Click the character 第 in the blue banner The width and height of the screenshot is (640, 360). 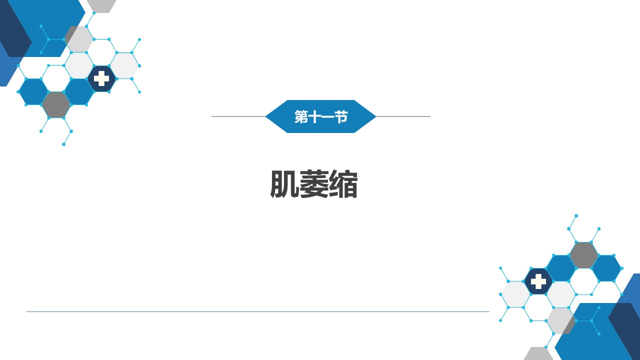tap(301, 117)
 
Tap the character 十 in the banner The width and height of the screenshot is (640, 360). tap(314, 117)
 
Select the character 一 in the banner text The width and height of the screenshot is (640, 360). tap(327, 117)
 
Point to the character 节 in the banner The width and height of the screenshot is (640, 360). tap(341, 117)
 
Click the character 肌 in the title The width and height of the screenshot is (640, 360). tap(285, 184)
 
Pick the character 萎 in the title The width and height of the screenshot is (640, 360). tap(314, 184)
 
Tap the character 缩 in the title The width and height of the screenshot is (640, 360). tap(343, 184)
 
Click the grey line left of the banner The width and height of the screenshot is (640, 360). tap(238, 116)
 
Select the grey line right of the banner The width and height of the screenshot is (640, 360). tap(403, 116)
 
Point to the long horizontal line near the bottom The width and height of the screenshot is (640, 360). tap(257, 311)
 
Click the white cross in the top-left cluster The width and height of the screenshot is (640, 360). tap(101, 78)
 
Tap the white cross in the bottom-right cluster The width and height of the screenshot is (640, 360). tap(538, 281)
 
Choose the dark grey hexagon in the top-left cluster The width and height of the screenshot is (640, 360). tap(56, 105)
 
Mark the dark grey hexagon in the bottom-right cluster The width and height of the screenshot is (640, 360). tap(583, 255)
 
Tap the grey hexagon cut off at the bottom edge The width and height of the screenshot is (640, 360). tap(538, 353)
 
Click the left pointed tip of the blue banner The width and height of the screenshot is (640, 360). tap(265, 116)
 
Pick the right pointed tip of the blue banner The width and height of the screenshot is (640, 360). tap(375, 116)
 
